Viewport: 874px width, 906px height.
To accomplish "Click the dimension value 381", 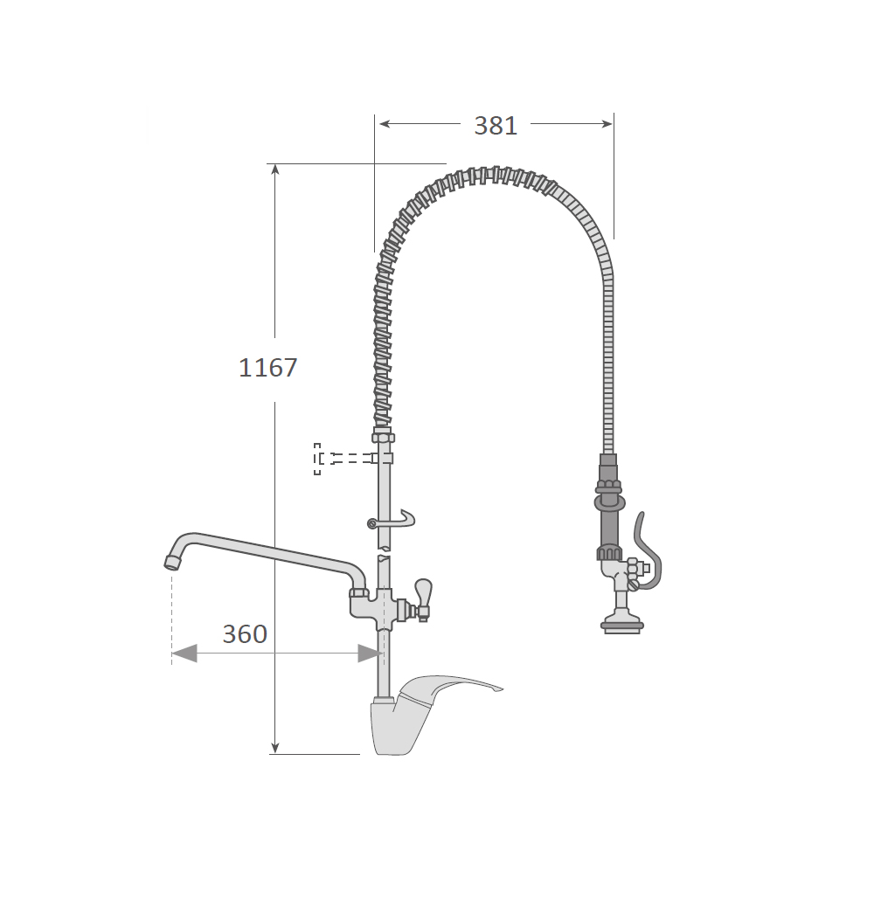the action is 496,126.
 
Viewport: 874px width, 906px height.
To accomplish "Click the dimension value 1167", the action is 267,368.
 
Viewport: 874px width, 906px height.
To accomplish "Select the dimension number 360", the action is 245,634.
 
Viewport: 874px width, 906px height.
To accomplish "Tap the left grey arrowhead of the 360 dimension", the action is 184,654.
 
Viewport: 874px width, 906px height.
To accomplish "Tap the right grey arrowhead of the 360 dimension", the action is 370,654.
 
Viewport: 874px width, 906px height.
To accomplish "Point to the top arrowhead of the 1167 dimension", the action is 275,169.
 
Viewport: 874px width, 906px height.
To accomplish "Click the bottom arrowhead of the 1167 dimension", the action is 275,748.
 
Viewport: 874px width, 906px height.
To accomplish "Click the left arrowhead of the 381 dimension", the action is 385,124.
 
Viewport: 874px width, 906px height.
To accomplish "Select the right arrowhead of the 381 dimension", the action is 607,124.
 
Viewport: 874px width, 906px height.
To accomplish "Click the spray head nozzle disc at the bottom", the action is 622,626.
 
